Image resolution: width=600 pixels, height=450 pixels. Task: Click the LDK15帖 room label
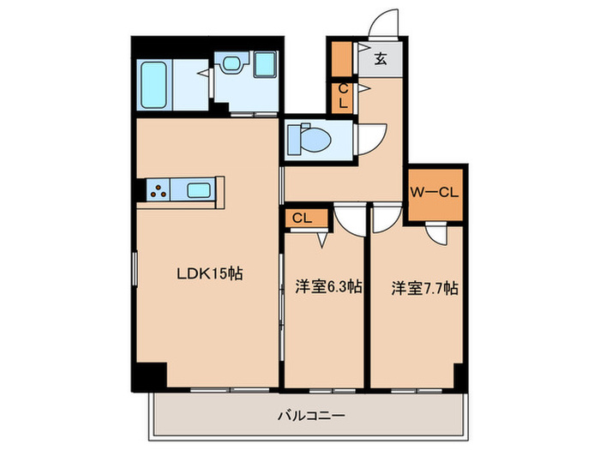[x=210, y=274]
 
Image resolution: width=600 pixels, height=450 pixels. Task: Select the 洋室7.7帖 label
[x=424, y=288]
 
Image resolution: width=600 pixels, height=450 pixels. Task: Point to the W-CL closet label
[x=435, y=194]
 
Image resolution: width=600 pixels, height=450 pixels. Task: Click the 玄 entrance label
[x=379, y=59]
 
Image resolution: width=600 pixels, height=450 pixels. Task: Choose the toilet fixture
[x=305, y=138]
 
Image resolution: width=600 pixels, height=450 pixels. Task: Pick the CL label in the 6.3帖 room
[x=302, y=219]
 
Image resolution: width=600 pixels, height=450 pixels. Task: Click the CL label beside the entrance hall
[x=343, y=96]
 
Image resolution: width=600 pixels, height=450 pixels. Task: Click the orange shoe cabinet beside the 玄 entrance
[x=342, y=59]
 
